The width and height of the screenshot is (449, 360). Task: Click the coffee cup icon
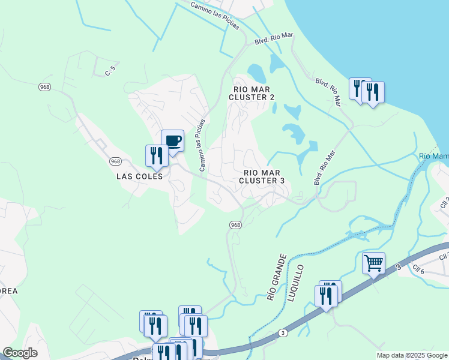(173, 141)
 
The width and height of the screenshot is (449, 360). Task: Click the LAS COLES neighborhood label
(139, 177)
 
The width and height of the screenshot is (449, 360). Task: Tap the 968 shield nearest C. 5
(44, 87)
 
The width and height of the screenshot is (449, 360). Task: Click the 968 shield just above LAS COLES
(116, 161)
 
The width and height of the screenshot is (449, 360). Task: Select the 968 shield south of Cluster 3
(236, 224)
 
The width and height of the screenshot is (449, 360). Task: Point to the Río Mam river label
(433, 157)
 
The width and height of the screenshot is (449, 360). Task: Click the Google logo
(20, 353)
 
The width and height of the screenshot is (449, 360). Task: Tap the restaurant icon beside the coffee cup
(156, 156)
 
